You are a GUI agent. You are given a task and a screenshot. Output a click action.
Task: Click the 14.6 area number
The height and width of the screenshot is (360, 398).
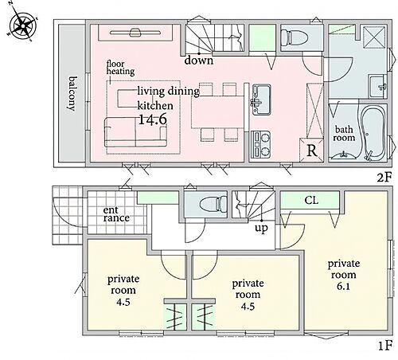click(153, 119)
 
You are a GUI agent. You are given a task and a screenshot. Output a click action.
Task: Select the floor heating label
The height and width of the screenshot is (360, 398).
click(120, 68)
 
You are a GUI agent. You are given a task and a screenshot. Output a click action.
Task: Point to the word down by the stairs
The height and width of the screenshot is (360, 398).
click(199, 61)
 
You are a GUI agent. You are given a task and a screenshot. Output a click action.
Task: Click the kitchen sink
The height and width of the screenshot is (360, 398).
click(261, 100)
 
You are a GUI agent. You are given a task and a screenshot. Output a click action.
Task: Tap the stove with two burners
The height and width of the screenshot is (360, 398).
click(260, 145)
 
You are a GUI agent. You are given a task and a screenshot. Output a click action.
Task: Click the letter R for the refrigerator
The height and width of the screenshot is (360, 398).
click(312, 151)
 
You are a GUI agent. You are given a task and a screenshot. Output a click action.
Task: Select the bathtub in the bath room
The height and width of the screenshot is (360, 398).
click(372, 133)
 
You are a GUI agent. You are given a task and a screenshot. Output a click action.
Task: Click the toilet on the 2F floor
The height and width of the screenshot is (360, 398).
click(294, 37)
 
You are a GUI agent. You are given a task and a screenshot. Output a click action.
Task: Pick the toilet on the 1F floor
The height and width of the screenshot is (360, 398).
click(213, 204)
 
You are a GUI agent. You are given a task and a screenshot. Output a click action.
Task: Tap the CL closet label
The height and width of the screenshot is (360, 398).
click(311, 200)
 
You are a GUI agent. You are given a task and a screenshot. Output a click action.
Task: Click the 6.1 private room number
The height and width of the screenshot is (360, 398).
click(344, 287)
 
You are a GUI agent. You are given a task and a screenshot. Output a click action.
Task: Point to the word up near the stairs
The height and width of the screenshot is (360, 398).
click(261, 228)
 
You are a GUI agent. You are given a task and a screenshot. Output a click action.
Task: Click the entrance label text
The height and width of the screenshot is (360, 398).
click(116, 214)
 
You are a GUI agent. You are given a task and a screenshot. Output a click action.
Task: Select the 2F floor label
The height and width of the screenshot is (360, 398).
click(384, 177)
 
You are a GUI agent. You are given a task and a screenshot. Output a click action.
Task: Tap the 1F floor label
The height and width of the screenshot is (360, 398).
click(384, 346)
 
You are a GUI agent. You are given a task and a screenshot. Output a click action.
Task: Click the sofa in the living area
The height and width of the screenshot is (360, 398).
click(135, 133)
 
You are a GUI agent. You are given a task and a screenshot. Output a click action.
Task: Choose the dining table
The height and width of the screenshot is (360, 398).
click(217, 112)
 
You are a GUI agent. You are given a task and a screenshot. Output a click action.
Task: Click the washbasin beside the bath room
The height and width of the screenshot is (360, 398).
click(378, 86)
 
